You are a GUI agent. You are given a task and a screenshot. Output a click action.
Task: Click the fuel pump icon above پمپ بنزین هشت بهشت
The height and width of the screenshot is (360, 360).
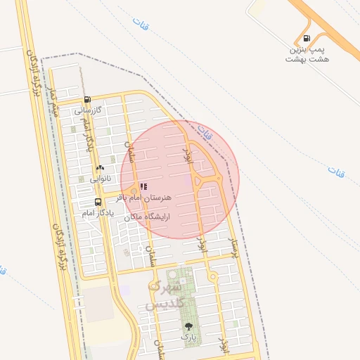coord(306,38)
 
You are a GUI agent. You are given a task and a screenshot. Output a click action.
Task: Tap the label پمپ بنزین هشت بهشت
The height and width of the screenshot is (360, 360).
coord(307,54)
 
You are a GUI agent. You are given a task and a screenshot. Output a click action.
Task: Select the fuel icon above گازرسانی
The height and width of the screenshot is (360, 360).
coord(87,100)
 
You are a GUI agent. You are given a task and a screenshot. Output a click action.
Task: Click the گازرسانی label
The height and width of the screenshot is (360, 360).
coord(89,110)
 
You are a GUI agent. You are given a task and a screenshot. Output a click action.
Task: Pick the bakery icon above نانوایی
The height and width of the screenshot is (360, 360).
coord(100,168)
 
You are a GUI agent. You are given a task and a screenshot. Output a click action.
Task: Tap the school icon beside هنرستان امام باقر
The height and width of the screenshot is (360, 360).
coord(143,187)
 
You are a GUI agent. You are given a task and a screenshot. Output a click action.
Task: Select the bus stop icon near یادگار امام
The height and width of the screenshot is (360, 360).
coord(98,201)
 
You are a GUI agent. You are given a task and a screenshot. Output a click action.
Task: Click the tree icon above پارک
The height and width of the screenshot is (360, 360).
coord(188,326)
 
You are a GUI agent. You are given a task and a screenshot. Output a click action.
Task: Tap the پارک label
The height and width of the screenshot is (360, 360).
coord(188,337)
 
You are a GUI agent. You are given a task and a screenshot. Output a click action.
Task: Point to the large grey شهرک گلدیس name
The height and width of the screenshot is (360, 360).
coord(165,295)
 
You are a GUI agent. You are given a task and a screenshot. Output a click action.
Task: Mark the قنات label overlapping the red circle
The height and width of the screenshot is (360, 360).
coord(205,131)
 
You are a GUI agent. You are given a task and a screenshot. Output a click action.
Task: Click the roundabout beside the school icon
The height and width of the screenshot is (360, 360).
coord(134,191)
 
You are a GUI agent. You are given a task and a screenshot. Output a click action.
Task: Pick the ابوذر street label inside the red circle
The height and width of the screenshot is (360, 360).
coord(187,156)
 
